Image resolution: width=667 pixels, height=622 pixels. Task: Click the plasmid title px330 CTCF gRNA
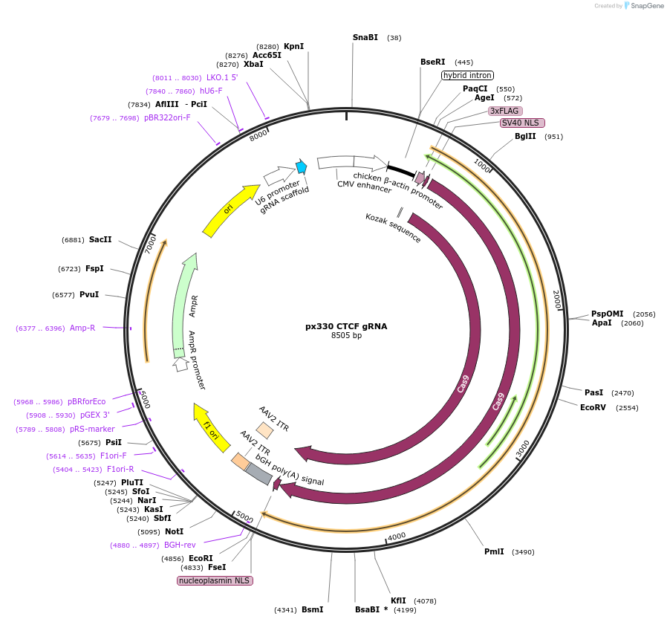pos(346,326)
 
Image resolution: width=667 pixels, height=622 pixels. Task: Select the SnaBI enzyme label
pos(365,37)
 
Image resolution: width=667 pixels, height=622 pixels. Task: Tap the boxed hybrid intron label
pos(467,75)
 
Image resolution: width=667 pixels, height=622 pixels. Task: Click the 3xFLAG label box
pos(504,111)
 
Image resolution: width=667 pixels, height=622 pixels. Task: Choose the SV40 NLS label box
pos(522,123)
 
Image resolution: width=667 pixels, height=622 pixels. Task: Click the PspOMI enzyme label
pos(607,314)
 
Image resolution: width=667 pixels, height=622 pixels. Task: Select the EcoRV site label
pos(593,407)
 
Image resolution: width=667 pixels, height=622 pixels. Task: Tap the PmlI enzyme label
pos(494,551)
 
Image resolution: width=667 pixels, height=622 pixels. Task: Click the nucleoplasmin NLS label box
pos(215,580)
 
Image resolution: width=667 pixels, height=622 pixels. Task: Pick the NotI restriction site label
pos(174,531)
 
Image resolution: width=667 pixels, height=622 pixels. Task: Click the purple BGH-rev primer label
pos(180,545)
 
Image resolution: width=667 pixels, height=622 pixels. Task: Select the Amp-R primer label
pos(82,328)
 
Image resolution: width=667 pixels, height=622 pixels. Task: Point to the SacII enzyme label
pos(100,239)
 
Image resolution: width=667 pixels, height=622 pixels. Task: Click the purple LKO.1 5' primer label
pos(222,77)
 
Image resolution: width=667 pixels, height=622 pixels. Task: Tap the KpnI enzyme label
pos(293,46)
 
